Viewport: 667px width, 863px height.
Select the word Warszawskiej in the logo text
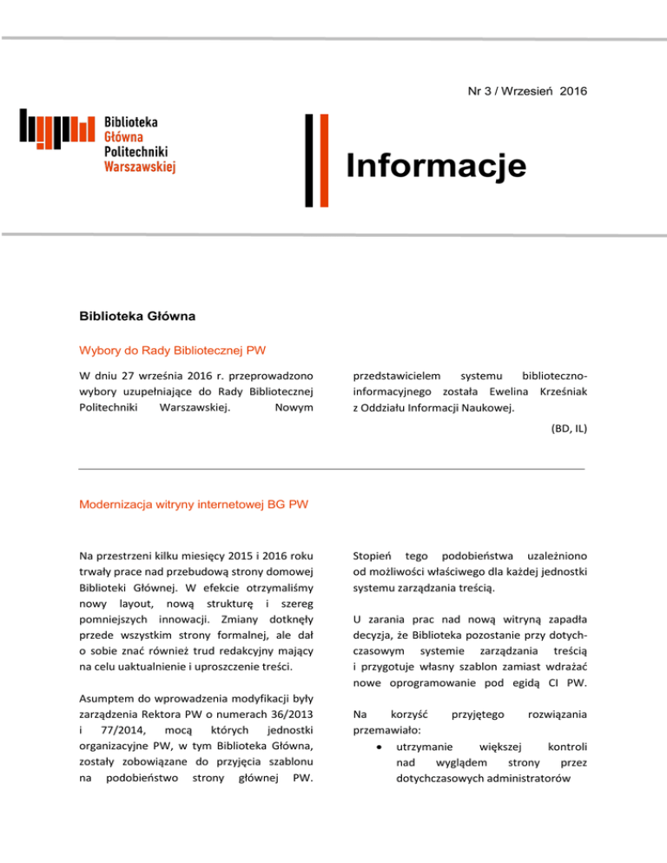tap(140, 166)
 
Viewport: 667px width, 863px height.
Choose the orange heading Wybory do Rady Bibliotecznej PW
tap(172, 352)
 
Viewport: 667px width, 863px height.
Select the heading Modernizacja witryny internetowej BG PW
tap(195, 503)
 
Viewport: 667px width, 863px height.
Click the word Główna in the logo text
tap(124, 137)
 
